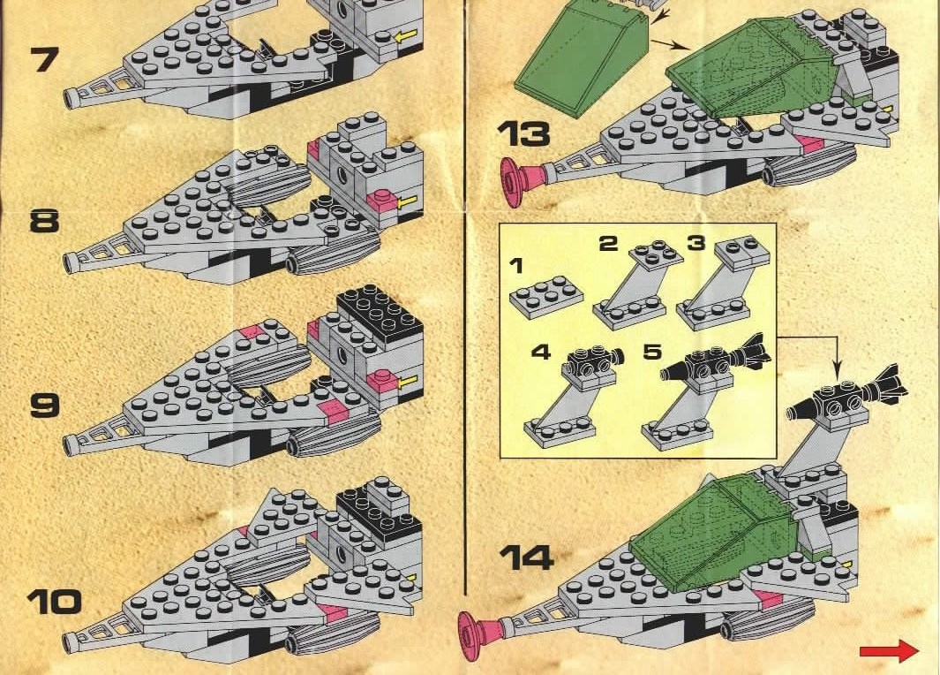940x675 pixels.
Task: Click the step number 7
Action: [45, 59]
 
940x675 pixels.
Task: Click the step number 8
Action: [44, 221]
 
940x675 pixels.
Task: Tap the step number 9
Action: [45, 405]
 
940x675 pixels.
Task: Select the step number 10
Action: [54, 602]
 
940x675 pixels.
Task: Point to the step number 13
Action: [524, 133]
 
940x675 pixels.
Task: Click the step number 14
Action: [526, 557]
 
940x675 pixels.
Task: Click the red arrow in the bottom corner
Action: [889, 651]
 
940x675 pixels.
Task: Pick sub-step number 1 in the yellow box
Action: [516, 265]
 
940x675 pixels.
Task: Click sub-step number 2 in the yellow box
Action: [608, 243]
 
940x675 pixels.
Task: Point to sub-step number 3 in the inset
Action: [696, 243]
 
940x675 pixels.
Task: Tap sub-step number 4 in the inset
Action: [541, 352]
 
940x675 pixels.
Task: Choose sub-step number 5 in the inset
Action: [652, 352]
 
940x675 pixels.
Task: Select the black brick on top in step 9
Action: [380, 315]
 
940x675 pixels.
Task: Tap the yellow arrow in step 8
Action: [409, 201]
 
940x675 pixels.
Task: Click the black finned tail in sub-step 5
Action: [754, 351]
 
